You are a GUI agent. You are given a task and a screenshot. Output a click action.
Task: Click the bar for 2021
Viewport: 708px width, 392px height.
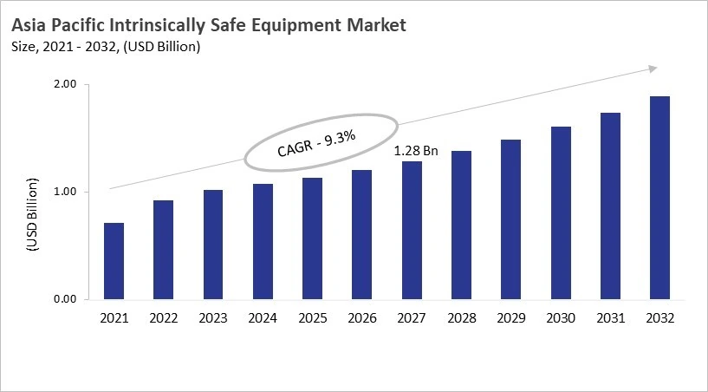[x=114, y=261]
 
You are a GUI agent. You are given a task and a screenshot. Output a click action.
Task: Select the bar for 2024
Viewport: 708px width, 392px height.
[x=263, y=242]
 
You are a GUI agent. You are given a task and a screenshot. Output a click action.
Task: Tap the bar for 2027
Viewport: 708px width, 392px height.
[x=412, y=231]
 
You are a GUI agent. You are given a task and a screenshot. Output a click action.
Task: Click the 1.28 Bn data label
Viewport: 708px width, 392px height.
[x=416, y=151]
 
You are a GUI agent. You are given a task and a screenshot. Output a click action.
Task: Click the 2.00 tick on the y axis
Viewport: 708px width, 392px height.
[x=66, y=84]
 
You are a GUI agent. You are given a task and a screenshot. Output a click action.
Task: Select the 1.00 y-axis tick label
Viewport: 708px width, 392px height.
[x=66, y=192]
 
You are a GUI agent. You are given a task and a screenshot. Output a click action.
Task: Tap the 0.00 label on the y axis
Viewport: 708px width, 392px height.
[x=66, y=299]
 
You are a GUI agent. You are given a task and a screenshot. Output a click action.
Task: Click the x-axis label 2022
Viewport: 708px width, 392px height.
[x=163, y=318]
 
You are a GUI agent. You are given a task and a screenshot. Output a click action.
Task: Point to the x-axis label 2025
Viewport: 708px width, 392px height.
[x=312, y=318]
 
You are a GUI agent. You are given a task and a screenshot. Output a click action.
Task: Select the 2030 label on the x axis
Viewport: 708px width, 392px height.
[x=561, y=318]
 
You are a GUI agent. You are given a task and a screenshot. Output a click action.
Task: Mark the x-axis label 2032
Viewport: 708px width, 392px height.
[x=659, y=318]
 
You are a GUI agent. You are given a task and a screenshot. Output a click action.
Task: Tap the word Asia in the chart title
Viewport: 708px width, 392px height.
[x=30, y=25]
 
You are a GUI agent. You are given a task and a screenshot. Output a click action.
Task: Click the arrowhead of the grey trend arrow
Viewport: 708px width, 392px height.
[x=653, y=69]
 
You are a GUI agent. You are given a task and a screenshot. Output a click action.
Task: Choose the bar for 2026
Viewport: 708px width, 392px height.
[x=361, y=235]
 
